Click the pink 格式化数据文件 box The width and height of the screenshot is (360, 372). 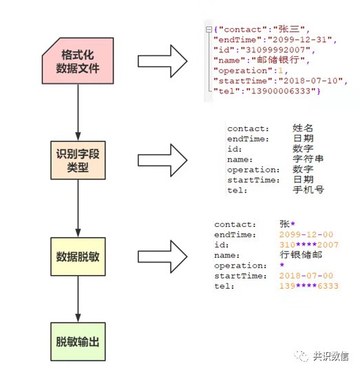coord(78,61)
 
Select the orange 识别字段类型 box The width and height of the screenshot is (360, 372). coord(78,160)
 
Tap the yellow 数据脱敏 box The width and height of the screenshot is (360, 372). coord(78,256)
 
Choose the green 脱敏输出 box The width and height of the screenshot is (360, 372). coord(78,342)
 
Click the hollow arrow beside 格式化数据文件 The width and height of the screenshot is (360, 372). coord(162,61)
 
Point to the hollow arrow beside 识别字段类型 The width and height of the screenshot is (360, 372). coord(162,160)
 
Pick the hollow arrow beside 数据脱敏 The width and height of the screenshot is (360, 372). coord(162,256)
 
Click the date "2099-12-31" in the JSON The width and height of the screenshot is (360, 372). coord(299,39)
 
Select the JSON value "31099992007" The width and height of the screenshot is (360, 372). coord(275,50)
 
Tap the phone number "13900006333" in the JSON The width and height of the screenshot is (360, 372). coord(281,91)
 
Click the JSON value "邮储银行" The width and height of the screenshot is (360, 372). coord(278,60)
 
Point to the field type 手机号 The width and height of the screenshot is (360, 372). coord(308,190)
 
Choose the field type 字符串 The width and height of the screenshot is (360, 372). coord(308,159)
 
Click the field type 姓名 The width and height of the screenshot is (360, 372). coord(303,128)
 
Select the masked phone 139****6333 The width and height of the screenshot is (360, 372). coord(308,286)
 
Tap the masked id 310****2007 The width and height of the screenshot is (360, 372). coord(308,245)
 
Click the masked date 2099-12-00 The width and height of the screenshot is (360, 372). coord(306,234)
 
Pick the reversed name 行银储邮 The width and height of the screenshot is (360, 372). coord(301,255)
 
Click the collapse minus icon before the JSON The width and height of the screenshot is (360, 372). coord(209,30)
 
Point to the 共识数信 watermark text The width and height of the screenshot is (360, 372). coord(331,356)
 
